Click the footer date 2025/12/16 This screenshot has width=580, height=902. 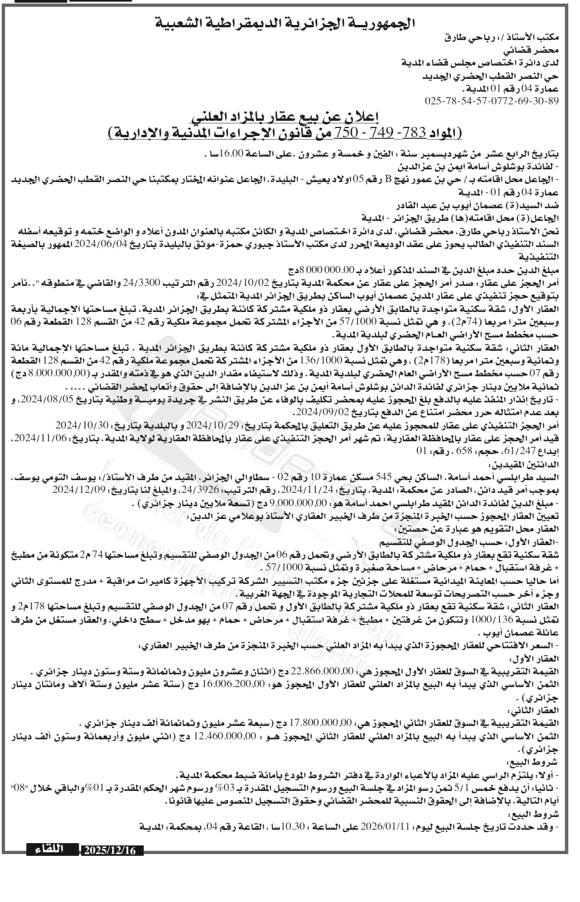(112, 850)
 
